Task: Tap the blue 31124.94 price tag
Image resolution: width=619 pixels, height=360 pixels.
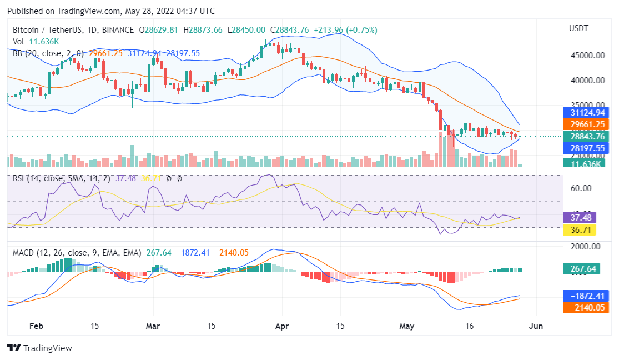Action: [x=586, y=112]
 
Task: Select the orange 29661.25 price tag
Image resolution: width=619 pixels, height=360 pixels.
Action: [x=586, y=124]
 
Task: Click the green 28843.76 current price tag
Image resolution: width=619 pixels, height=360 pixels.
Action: [x=586, y=137]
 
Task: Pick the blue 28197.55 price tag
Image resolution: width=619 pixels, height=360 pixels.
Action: [x=586, y=148]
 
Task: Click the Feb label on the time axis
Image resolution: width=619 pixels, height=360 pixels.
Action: [x=36, y=326]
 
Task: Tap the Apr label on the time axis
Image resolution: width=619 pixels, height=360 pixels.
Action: [x=283, y=326]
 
